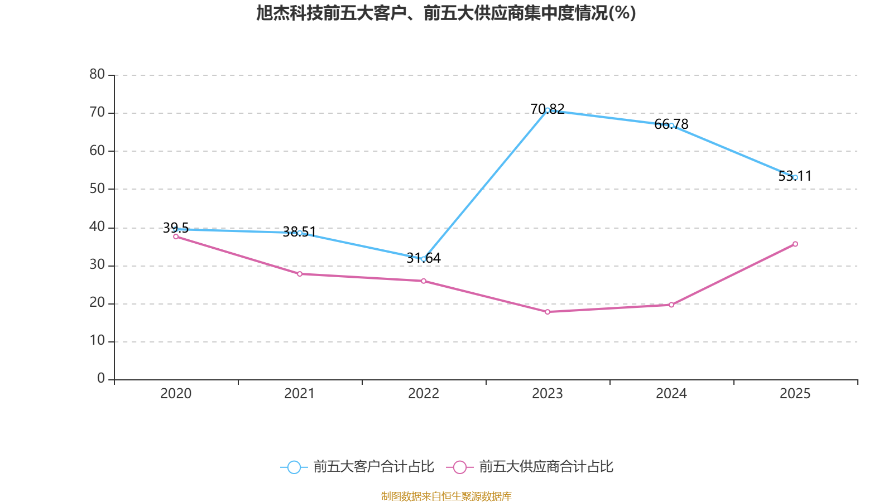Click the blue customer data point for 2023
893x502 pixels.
(x=548, y=110)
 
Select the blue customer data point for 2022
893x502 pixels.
(x=424, y=259)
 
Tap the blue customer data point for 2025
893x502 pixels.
(x=795, y=177)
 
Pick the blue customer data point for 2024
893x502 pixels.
(x=671, y=126)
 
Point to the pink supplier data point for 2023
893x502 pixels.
(x=548, y=312)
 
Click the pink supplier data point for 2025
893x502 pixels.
(x=795, y=244)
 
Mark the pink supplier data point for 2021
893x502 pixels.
(x=300, y=274)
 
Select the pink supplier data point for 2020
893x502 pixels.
(x=176, y=236)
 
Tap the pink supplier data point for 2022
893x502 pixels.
(x=424, y=281)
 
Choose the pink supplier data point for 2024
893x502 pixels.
(x=671, y=305)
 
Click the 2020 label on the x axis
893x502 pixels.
(x=176, y=394)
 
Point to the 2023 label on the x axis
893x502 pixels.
(x=548, y=394)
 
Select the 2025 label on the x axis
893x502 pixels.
(x=795, y=394)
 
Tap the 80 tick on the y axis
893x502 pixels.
(x=97, y=74)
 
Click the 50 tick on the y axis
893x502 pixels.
(x=97, y=189)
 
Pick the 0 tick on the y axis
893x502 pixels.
(x=101, y=379)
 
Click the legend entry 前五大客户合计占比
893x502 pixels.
(x=357, y=467)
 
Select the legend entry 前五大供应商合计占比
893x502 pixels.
(x=530, y=467)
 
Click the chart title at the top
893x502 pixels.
(x=446, y=13)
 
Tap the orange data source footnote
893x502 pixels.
(x=446, y=496)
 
